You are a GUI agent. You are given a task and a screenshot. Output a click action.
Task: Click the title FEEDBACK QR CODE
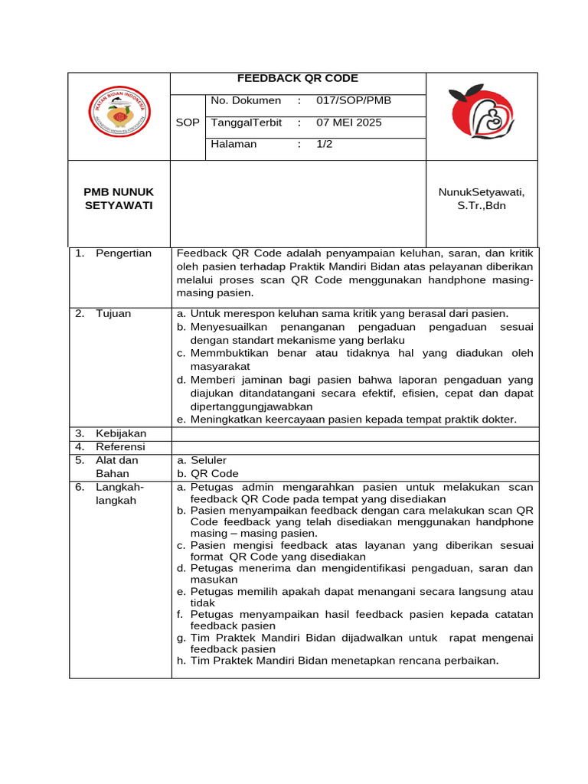[298, 78]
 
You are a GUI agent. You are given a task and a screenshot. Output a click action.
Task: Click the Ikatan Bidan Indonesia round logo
[119, 116]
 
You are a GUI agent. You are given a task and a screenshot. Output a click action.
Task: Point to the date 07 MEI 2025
[349, 122]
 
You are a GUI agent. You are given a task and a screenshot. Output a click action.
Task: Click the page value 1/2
[325, 144]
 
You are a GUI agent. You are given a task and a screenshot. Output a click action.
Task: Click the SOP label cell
[188, 122]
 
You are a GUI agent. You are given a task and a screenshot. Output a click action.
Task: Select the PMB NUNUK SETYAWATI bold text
[119, 199]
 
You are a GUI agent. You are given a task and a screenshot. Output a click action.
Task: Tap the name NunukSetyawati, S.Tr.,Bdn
[482, 198]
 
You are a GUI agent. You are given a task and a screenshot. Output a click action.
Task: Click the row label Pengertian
[123, 253]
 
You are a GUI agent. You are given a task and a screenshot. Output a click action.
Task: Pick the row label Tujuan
[113, 313]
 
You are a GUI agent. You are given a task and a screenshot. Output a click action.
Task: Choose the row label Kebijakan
[121, 433]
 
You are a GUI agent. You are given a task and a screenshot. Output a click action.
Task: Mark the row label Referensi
[120, 446]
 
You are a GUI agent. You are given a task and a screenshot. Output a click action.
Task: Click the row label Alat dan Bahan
[116, 467]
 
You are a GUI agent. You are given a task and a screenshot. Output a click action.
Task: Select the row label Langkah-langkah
[119, 494]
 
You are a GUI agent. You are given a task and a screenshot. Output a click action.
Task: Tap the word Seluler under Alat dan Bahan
[208, 460]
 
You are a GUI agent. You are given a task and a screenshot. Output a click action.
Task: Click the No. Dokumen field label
[246, 100]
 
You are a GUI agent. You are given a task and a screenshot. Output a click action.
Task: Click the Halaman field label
[234, 144]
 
